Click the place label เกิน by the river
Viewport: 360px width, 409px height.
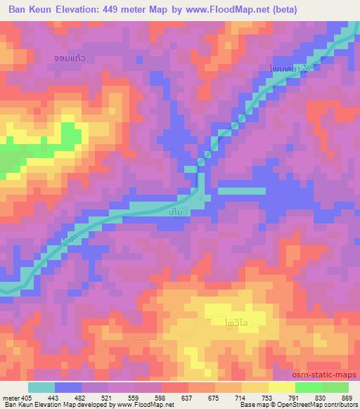coord(179,211)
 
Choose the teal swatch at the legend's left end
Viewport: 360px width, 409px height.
coord(41,387)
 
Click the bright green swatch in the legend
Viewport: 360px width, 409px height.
coord(309,387)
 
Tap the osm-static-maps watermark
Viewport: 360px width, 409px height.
coord(328,376)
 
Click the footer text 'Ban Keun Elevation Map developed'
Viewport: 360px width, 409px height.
coord(49,405)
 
